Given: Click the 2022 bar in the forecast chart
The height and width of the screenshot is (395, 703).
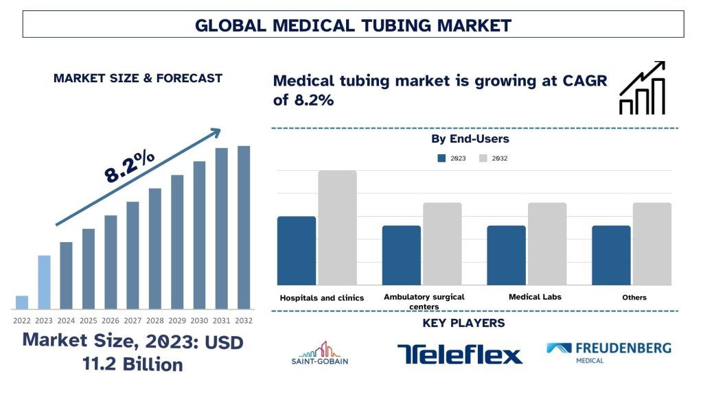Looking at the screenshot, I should coord(22,302).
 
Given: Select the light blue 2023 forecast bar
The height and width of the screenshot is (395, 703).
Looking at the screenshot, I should coord(44,282).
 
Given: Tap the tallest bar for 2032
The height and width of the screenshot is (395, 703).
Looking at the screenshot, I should coord(244,227).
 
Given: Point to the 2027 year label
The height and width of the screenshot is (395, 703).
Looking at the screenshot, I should coord(132,320).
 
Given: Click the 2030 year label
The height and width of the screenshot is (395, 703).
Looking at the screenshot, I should coord(199,320).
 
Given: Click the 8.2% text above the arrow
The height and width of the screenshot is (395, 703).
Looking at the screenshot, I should coord(129,167).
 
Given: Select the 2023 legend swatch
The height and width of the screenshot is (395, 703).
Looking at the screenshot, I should coord(441,158).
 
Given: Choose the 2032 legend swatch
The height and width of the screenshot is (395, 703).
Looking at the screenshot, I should coord(483,158).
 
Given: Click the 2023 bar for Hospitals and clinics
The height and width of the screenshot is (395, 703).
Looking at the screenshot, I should coord(297,250).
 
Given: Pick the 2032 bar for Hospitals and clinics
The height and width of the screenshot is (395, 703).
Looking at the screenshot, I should coord(337,228).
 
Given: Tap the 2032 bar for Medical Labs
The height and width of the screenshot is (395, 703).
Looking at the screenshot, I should coord(547,243).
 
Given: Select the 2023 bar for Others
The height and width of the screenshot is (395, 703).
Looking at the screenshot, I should coord(611,255).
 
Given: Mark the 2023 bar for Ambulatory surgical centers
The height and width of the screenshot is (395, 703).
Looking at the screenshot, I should coord(402,255).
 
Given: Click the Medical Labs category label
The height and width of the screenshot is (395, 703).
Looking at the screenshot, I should coord(535,297).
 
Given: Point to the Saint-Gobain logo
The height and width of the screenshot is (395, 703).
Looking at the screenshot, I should coord(320,353).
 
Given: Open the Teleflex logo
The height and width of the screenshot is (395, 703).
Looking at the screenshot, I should coord(459,354).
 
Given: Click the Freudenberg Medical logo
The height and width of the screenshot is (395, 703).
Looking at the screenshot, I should coord(609,352).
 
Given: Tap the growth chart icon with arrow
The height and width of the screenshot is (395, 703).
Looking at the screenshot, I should coord(642,88).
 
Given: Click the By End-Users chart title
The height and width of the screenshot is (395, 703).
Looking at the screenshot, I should coord(470,139).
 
